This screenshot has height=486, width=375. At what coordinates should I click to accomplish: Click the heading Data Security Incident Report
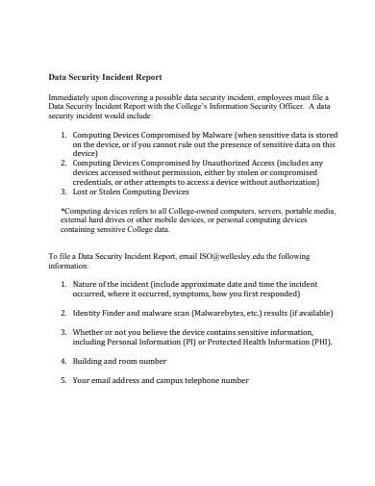click(105, 76)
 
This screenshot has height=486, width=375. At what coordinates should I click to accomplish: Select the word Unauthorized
click(216, 163)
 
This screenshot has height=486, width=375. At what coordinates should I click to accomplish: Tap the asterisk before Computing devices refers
click(62, 209)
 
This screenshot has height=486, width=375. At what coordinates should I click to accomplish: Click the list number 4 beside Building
click(63, 360)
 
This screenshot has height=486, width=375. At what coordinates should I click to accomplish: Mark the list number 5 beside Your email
click(63, 379)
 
